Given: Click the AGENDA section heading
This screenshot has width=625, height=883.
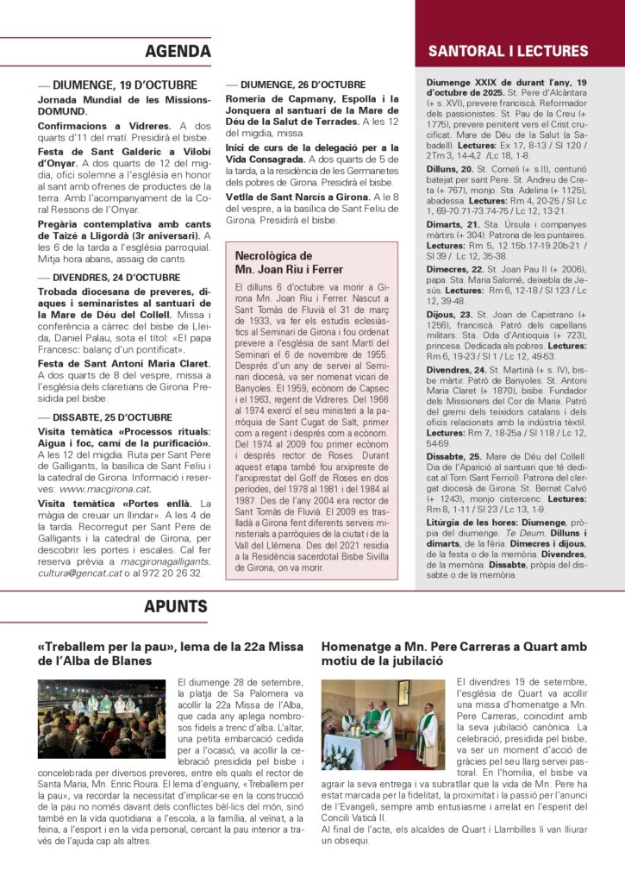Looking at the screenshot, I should [x=178, y=51].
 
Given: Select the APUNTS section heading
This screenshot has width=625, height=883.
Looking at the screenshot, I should [x=176, y=606].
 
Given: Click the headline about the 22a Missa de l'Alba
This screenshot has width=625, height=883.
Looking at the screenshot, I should [x=171, y=653].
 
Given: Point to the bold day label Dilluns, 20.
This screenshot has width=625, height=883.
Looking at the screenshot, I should [x=451, y=170].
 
